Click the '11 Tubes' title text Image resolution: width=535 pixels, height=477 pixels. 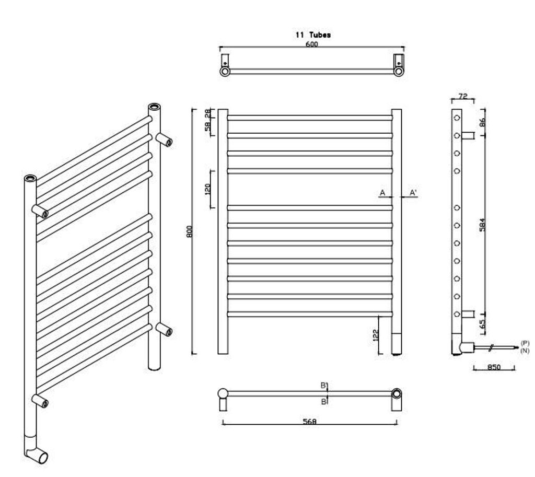click(313, 35)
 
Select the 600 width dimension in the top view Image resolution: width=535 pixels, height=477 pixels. click(311, 44)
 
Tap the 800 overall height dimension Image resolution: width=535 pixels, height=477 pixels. click(190, 231)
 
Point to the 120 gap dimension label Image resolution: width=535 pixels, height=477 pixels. click(207, 189)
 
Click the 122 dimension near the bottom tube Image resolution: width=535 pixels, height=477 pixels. click(376, 335)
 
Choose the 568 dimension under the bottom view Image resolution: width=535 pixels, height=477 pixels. click(309, 422)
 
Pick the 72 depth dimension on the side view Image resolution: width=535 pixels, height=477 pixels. click(463, 97)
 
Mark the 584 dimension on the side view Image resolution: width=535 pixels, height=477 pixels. click(482, 225)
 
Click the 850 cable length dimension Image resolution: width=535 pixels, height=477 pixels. click(494, 367)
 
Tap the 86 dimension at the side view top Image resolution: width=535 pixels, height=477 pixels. click(482, 122)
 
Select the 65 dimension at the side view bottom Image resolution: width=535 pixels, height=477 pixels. click(482, 324)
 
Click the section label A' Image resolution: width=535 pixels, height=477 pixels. click(413, 193)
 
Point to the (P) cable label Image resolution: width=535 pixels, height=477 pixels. click(525, 343)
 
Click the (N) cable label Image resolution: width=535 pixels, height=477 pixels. click(525, 350)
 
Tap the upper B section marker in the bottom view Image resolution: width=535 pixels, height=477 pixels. click(323, 386)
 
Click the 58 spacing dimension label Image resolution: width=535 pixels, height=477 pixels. click(207, 126)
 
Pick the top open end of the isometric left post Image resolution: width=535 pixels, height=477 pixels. click(30, 179)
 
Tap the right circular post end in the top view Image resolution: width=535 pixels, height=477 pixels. click(398, 71)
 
